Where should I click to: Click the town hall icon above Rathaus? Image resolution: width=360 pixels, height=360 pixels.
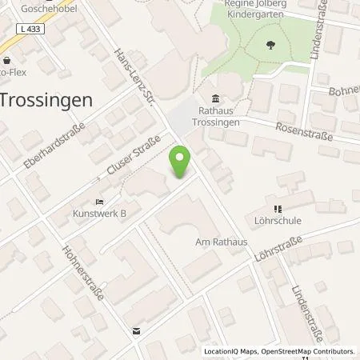coord(216,110)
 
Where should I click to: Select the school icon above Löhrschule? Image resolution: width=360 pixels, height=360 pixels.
coord(281,204)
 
